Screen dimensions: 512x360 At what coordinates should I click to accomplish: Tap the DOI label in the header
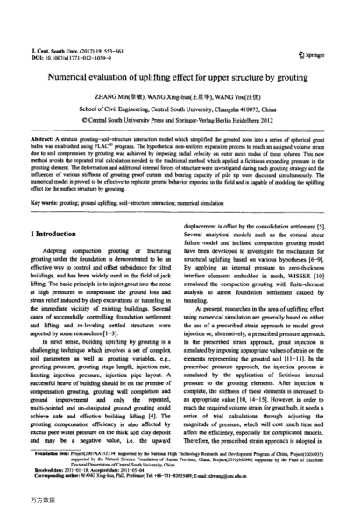38,35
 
